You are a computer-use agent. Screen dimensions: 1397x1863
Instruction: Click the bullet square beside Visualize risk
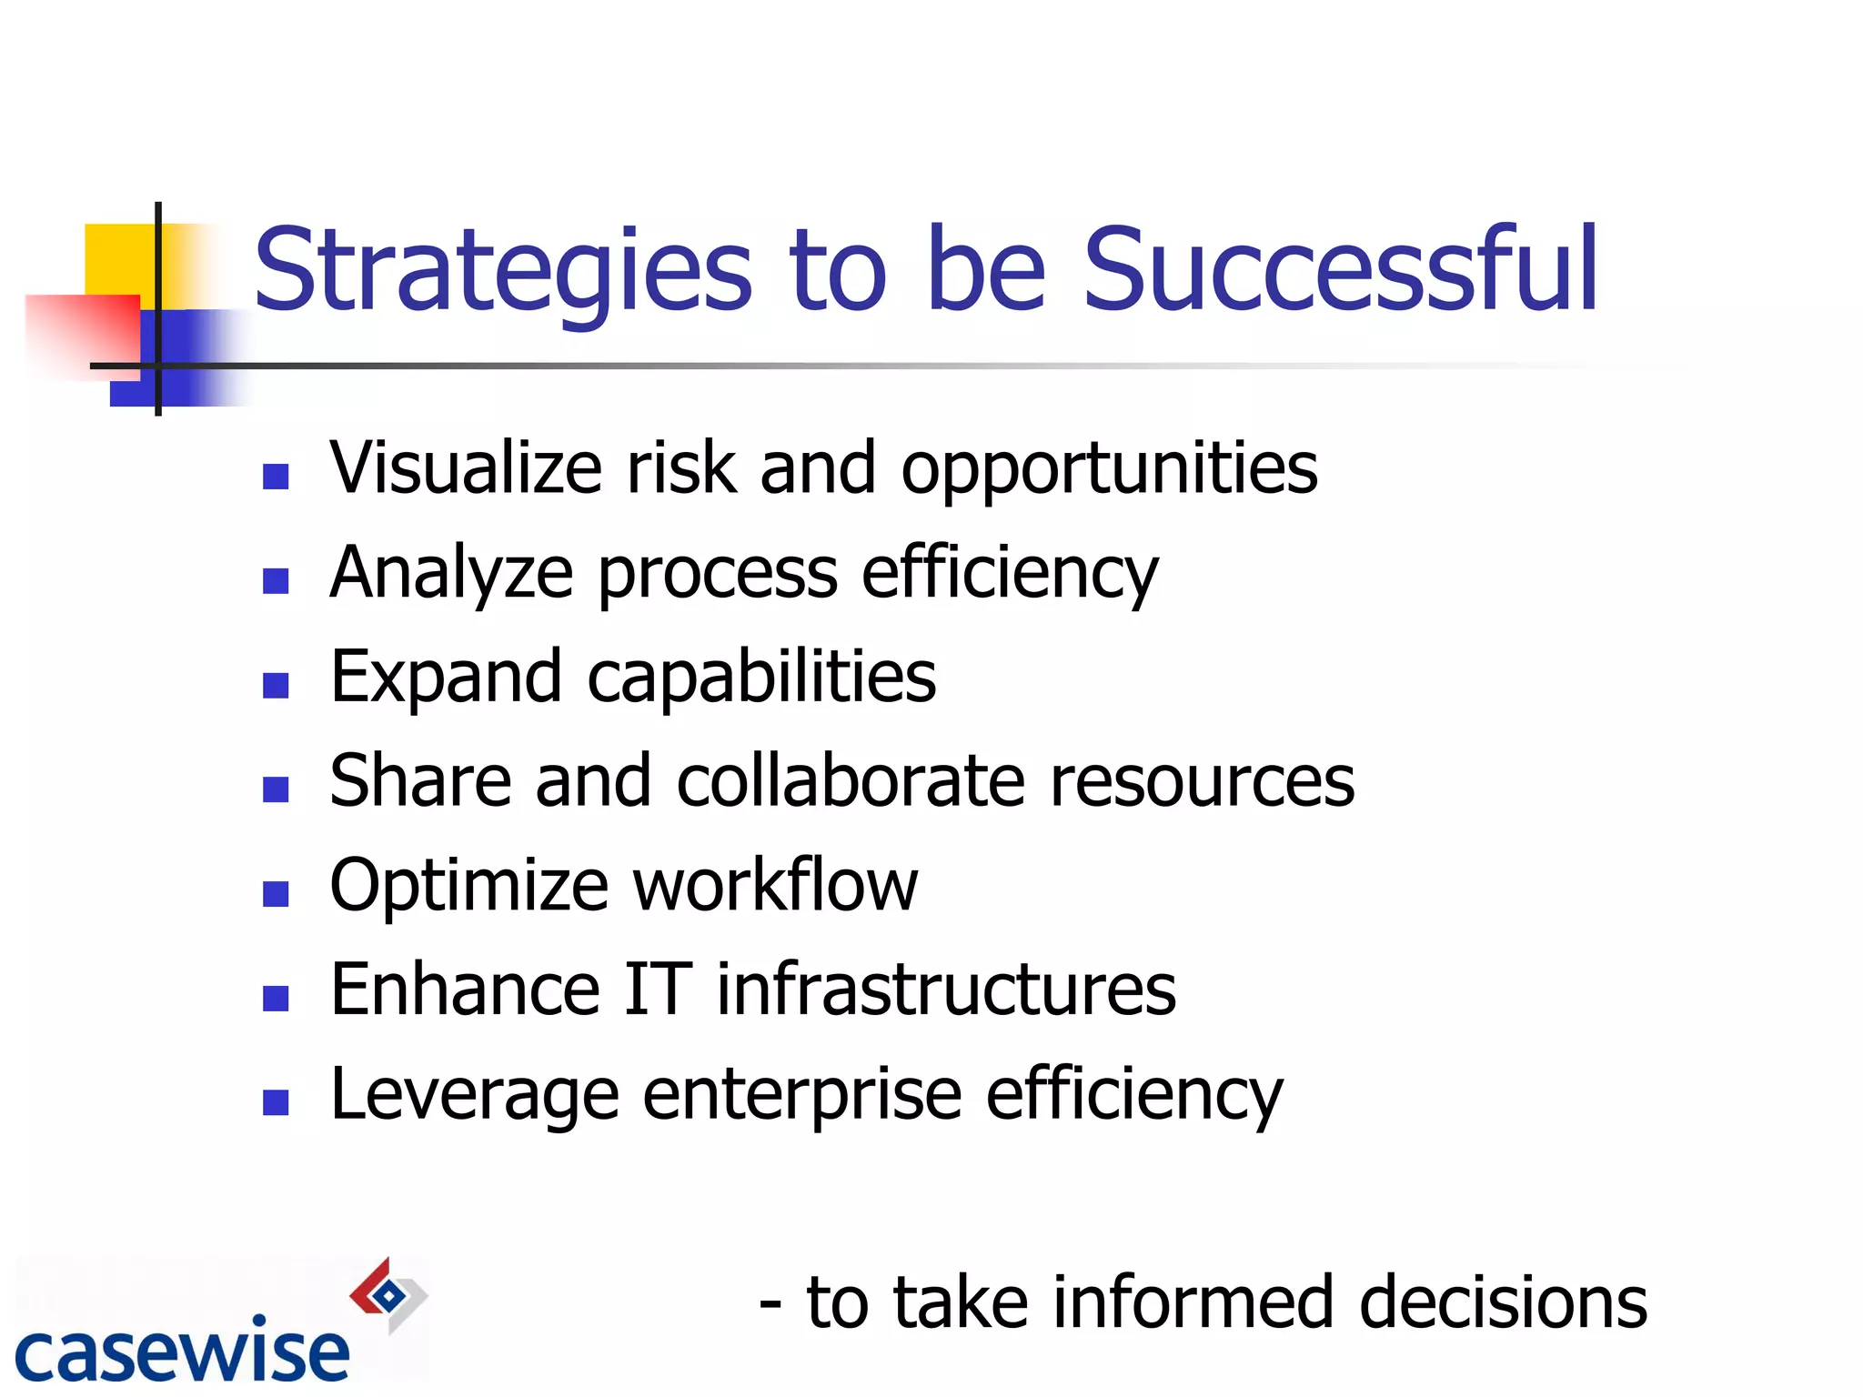pos(276,477)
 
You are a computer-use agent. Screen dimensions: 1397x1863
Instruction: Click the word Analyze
pos(451,573)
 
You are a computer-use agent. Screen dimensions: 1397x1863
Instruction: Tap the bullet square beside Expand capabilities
pos(276,685)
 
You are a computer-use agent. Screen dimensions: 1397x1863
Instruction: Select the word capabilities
pos(761,678)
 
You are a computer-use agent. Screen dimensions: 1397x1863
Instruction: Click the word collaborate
pos(851,781)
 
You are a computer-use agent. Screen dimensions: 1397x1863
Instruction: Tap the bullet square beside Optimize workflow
pos(276,894)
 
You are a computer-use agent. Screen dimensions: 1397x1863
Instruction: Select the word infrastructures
pos(946,990)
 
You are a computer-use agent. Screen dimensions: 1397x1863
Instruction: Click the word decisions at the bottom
pos(1502,1303)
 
